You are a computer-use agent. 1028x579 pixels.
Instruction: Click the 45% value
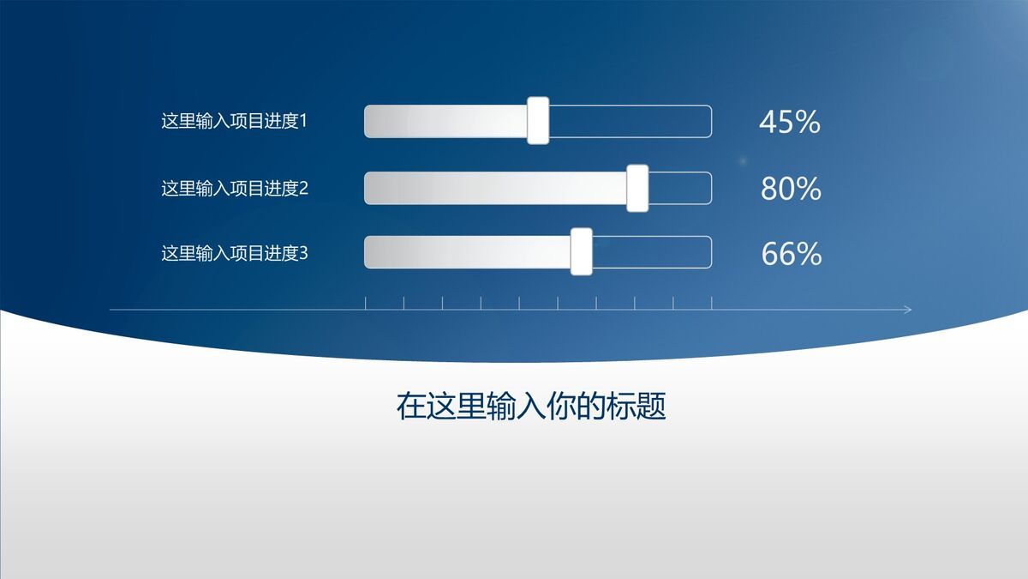(790, 123)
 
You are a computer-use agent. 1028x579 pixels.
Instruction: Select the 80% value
(791, 189)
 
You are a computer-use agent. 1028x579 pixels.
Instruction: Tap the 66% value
(791, 254)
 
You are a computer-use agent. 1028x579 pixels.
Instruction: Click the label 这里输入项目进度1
(234, 122)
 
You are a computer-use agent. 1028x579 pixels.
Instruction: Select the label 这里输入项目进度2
(234, 188)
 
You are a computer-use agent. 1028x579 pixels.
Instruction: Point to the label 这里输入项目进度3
(234, 253)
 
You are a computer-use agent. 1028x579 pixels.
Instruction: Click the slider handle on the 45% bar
(538, 121)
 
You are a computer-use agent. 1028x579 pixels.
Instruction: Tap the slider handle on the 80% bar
(637, 188)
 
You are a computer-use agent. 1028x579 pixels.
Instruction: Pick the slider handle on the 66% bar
(582, 252)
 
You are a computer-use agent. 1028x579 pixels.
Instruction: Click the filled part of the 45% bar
(445, 122)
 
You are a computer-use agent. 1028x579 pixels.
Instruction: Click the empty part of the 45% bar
(630, 122)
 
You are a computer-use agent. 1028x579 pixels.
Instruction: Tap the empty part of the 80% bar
(679, 188)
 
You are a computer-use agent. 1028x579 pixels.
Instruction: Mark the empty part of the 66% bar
(651, 252)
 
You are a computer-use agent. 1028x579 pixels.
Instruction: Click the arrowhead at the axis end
(909, 309)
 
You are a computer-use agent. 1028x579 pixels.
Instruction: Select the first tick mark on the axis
(366, 303)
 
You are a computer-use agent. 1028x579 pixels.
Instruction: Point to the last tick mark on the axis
(711, 303)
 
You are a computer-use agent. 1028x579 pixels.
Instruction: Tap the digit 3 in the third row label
(302, 253)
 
